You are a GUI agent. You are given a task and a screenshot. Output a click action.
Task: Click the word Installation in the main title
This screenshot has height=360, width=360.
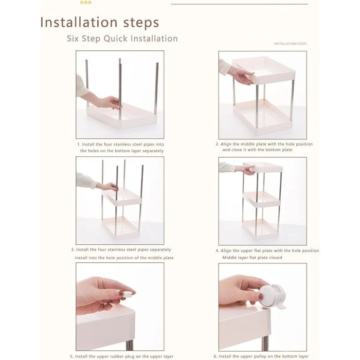pyautogui.click(x=79, y=22)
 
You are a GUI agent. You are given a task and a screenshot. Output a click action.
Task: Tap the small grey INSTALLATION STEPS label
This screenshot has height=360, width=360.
pyautogui.click(x=290, y=44)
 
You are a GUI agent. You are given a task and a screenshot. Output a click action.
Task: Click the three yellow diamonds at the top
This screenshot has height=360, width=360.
pyautogui.click(x=86, y=3)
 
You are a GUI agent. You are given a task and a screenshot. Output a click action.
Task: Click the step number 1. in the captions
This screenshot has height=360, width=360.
pyautogui.click(x=79, y=145)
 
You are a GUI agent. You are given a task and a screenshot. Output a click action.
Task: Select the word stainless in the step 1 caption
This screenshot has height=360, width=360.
pyautogui.click(x=122, y=145)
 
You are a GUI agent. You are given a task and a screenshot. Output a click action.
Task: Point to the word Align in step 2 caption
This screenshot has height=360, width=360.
pyautogui.click(x=226, y=144)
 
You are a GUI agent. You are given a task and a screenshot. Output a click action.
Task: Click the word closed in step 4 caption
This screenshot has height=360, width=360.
pyautogui.click(x=276, y=258)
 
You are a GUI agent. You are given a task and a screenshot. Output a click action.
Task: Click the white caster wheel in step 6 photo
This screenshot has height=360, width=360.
pyautogui.click(x=273, y=296)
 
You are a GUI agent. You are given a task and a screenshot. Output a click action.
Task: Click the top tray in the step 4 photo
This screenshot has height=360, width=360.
pyautogui.click(x=263, y=167)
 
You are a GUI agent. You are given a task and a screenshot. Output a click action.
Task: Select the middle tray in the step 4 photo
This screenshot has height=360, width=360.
pyautogui.click(x=262, y=199)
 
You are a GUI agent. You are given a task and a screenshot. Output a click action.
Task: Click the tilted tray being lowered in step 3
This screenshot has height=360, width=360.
pyautogui.click(x=122, y=197)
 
